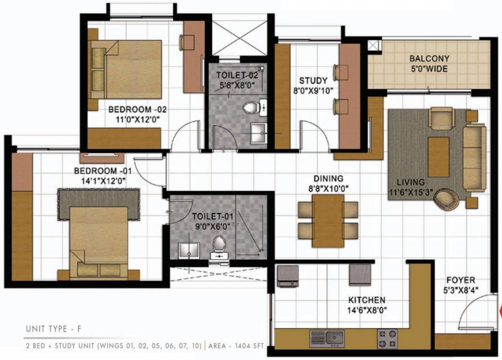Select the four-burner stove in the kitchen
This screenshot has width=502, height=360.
click(388, 338)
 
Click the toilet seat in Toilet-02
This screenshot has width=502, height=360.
click(251, 108)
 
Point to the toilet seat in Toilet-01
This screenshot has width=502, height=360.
click(219, 244)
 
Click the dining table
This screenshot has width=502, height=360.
click(328, 220)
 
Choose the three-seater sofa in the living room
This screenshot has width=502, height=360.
click(474, 157)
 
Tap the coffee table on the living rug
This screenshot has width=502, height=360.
click(439, 157)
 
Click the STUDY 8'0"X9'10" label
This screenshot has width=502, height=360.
click(313, 85)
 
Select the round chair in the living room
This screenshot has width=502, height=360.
click(446, 199)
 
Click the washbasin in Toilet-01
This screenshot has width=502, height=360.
click(189, 250)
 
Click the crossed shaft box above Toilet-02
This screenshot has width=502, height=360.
click(239, 38)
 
